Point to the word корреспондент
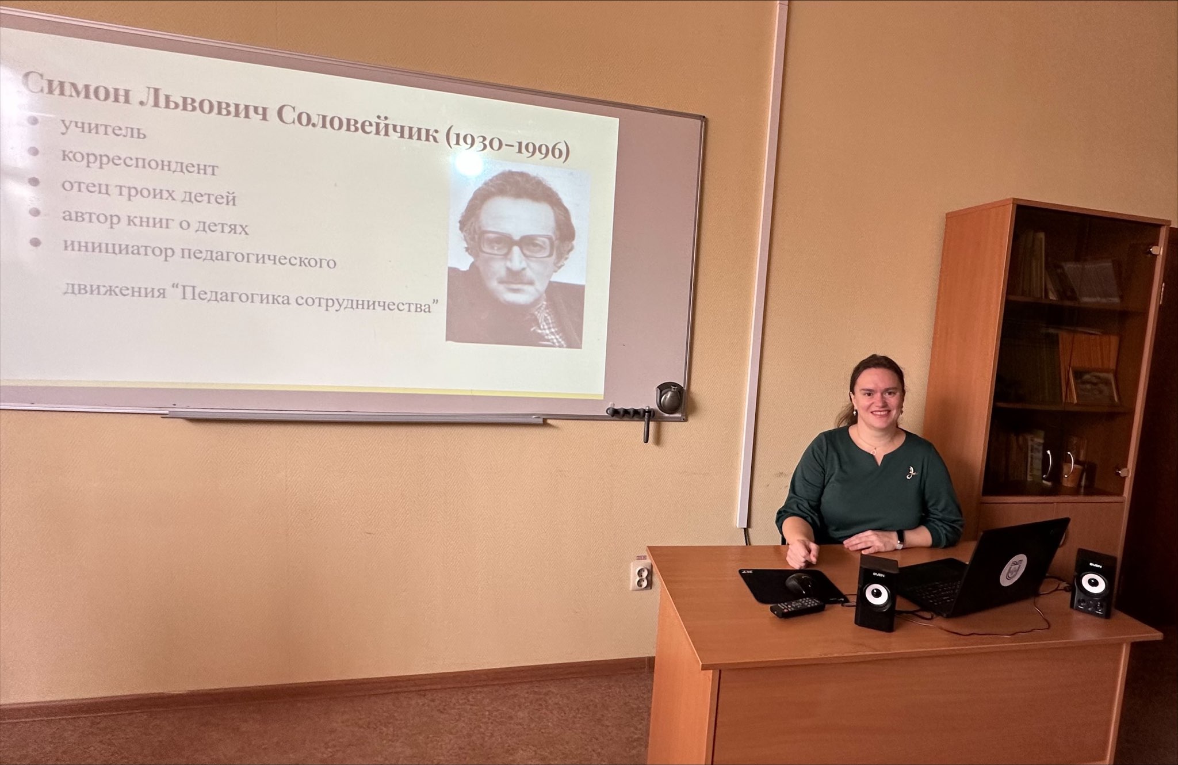[x=139, y=163]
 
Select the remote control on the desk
[x=797, y=607]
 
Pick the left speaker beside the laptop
[x=875, y=592]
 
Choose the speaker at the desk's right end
[x=1092, y=583]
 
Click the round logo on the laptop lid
[x=1012, y=569]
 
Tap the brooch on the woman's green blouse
[x=910, y=473]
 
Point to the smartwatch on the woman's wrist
[x=900, y=539]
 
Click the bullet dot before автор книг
[x=35, y=212]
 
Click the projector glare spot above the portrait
[x=469, y=163]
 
